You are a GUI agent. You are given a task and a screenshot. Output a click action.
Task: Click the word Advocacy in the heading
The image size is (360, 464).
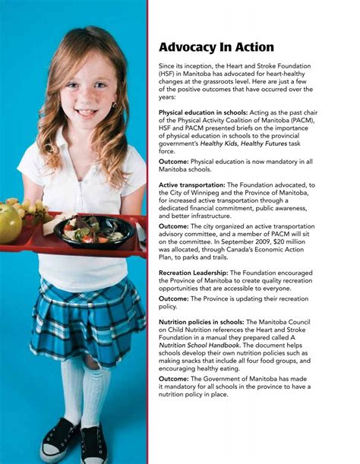point(188,47)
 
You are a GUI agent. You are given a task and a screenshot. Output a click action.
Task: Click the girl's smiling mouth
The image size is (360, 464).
point(85,112)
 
